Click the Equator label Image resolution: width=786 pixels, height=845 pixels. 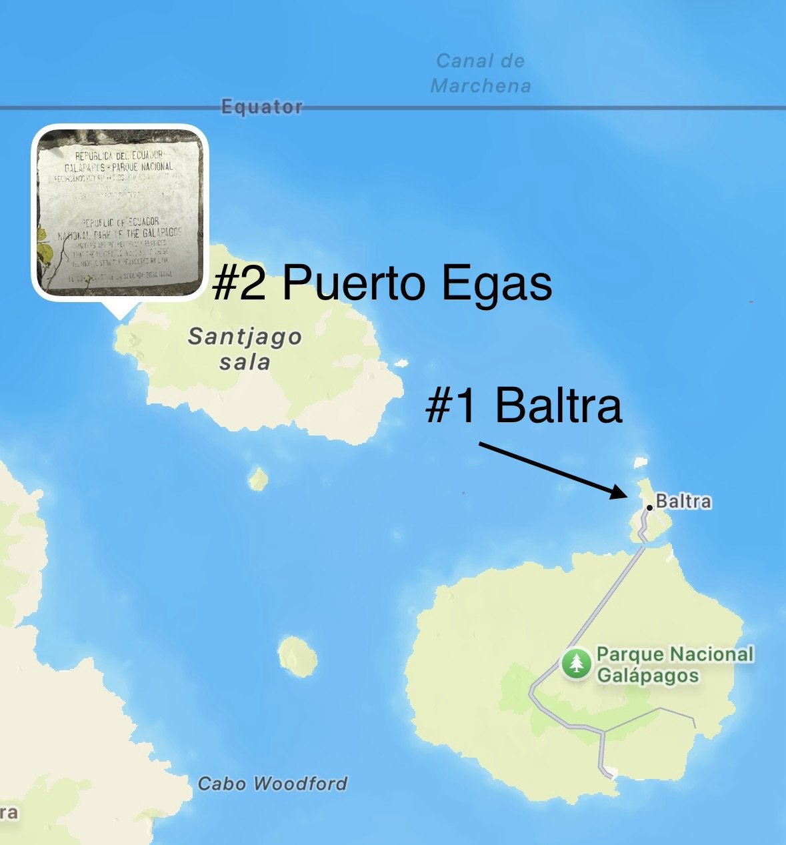click(261, 107)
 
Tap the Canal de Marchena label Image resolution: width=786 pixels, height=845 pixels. click(480, 73)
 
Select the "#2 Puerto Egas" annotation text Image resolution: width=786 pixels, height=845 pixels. click(382, 283)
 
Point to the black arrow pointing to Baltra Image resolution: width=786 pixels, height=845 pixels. click(553, 470)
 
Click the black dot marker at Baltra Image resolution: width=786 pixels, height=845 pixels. click(649, 508)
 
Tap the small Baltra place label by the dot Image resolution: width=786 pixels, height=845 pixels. click(683, 501)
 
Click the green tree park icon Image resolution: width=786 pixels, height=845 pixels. click(576, 664)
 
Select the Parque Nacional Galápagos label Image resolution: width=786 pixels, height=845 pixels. click(675, 664)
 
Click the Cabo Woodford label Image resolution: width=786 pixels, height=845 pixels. click(273, 783)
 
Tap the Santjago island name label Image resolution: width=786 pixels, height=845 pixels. click(245, 337)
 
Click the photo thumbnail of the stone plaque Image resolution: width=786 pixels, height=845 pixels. click(120, 211)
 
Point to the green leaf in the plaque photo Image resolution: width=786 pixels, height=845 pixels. click(45, 253)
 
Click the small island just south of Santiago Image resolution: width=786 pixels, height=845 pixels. click(258, 478)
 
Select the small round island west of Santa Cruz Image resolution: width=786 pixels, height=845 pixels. click(297, 655)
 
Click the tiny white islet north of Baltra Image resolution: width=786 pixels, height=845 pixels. click(640, 462)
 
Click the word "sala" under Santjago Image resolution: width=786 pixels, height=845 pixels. click(245, 362)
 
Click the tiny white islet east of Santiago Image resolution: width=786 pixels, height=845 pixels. click(401, 363)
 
